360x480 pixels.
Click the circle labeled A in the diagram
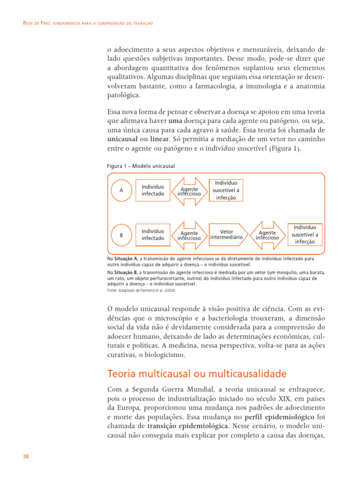coord(121,190)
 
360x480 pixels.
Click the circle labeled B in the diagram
coord(121,235)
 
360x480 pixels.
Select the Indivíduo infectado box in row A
coord(153,190)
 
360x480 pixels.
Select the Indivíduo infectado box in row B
coord(153,235)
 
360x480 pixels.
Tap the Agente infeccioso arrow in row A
coord(189,191)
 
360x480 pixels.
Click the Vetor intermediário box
coord(226,234)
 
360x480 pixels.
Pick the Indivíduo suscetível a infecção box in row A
coord(226,190)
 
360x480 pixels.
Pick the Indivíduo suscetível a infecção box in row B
coord(305,234)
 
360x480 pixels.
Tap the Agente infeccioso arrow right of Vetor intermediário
coord(267,235)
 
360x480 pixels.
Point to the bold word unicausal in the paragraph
coord(121,139)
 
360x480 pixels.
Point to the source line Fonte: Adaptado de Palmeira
coord(142,290)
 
